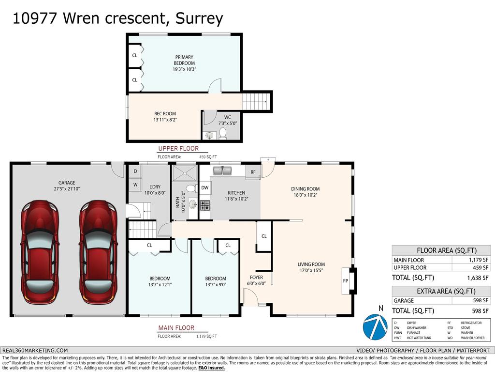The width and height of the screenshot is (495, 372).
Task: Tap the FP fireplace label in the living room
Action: [346, 280]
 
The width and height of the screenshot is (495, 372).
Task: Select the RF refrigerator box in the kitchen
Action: [253, 172]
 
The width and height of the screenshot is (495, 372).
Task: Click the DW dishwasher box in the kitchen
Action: [205, 187]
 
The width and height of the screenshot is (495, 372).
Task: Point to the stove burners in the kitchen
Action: [205, 205]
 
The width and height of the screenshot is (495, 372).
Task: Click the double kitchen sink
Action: [222, 171]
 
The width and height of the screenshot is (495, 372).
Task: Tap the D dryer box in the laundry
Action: [135, 171]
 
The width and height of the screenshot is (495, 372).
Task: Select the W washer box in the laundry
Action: [135, 185]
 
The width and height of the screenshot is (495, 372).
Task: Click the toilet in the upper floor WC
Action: [223, 133]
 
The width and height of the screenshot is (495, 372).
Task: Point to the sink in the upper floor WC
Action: [209, 135]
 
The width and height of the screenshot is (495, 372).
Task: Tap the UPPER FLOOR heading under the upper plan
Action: [178, 149]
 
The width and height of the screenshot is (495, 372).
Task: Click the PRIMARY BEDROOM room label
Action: [184, 60]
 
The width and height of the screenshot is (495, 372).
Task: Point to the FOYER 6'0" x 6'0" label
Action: [256, 280]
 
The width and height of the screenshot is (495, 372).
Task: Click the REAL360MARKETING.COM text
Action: [35, 350]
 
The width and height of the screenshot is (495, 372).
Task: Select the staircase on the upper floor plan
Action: [254, 102]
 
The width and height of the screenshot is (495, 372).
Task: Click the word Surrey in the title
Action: [199, 18]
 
